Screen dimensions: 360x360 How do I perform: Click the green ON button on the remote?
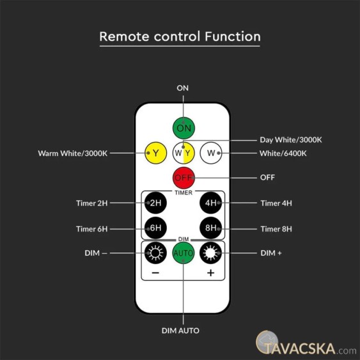(184, 128)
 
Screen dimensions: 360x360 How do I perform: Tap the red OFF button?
(184, 178)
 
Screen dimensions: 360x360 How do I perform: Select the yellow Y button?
(155, 153)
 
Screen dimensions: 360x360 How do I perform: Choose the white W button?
(211, 153)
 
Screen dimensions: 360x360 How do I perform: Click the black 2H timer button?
(155, 203)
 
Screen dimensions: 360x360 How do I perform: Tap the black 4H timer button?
(211, 203)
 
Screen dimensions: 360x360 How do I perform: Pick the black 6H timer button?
(155, 228)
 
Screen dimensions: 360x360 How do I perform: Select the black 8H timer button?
(211, 228)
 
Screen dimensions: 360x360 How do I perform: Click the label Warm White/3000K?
(73, 153)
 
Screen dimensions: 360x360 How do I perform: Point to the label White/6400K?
(283, 153)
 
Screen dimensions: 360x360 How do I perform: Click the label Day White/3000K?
(291, 140)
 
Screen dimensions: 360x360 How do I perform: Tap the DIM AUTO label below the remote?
(180, 331)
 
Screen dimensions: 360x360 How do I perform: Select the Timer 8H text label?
(276, 229)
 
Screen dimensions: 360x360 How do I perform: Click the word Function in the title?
(233, 36)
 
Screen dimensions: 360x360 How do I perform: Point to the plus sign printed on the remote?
(211, 273)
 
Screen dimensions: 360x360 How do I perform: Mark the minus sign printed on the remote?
(155, 273)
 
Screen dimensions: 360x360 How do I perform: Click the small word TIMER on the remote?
(184, 192)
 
